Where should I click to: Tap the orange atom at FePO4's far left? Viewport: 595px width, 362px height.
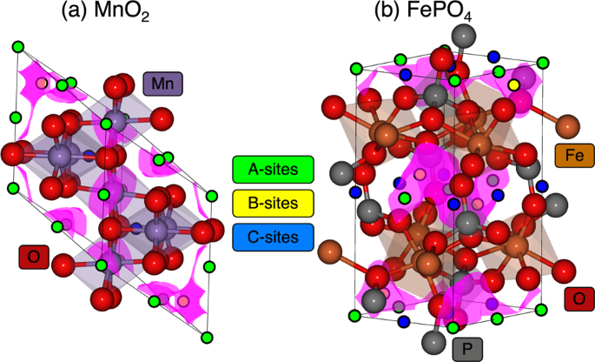coord(332,254)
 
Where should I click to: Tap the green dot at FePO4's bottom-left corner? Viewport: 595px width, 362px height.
coord(354,312)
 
